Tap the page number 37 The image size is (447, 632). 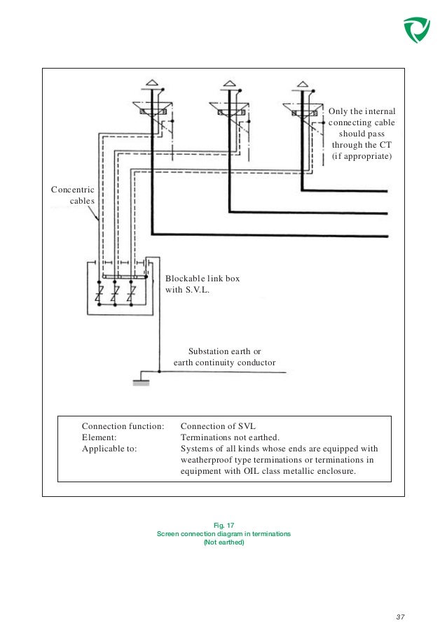pyautogui.click(x=401, y=616)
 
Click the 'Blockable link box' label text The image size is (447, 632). pyautogui.click(x=202, y=278)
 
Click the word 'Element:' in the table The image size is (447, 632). pyautogui.click(x=99, y=437)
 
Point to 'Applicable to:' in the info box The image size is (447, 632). pyautogui.click(x=110, y=449)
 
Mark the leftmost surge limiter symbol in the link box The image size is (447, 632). pyautogui.click(x=101, y=291)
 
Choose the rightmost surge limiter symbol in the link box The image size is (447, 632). pyautogui.click(x=131, y=291)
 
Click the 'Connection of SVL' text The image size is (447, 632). pyautogui.click(x=218, y=425)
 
